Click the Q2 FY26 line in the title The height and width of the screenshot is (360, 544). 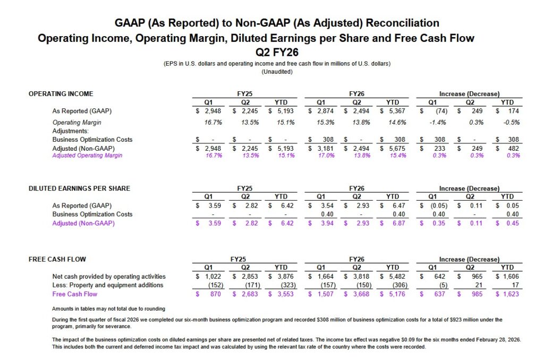[x=277, y=52]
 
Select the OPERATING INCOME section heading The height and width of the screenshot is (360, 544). [x=61, y=94]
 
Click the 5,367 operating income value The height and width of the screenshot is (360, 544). [x=395, y=112]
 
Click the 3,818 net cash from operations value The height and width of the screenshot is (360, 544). [x=359, y=277]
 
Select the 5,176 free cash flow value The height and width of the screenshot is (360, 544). [x=396, y=294]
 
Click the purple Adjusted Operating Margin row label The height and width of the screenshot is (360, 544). [x=87, y=156]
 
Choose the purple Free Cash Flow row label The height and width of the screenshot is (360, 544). [x=75, y=294]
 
